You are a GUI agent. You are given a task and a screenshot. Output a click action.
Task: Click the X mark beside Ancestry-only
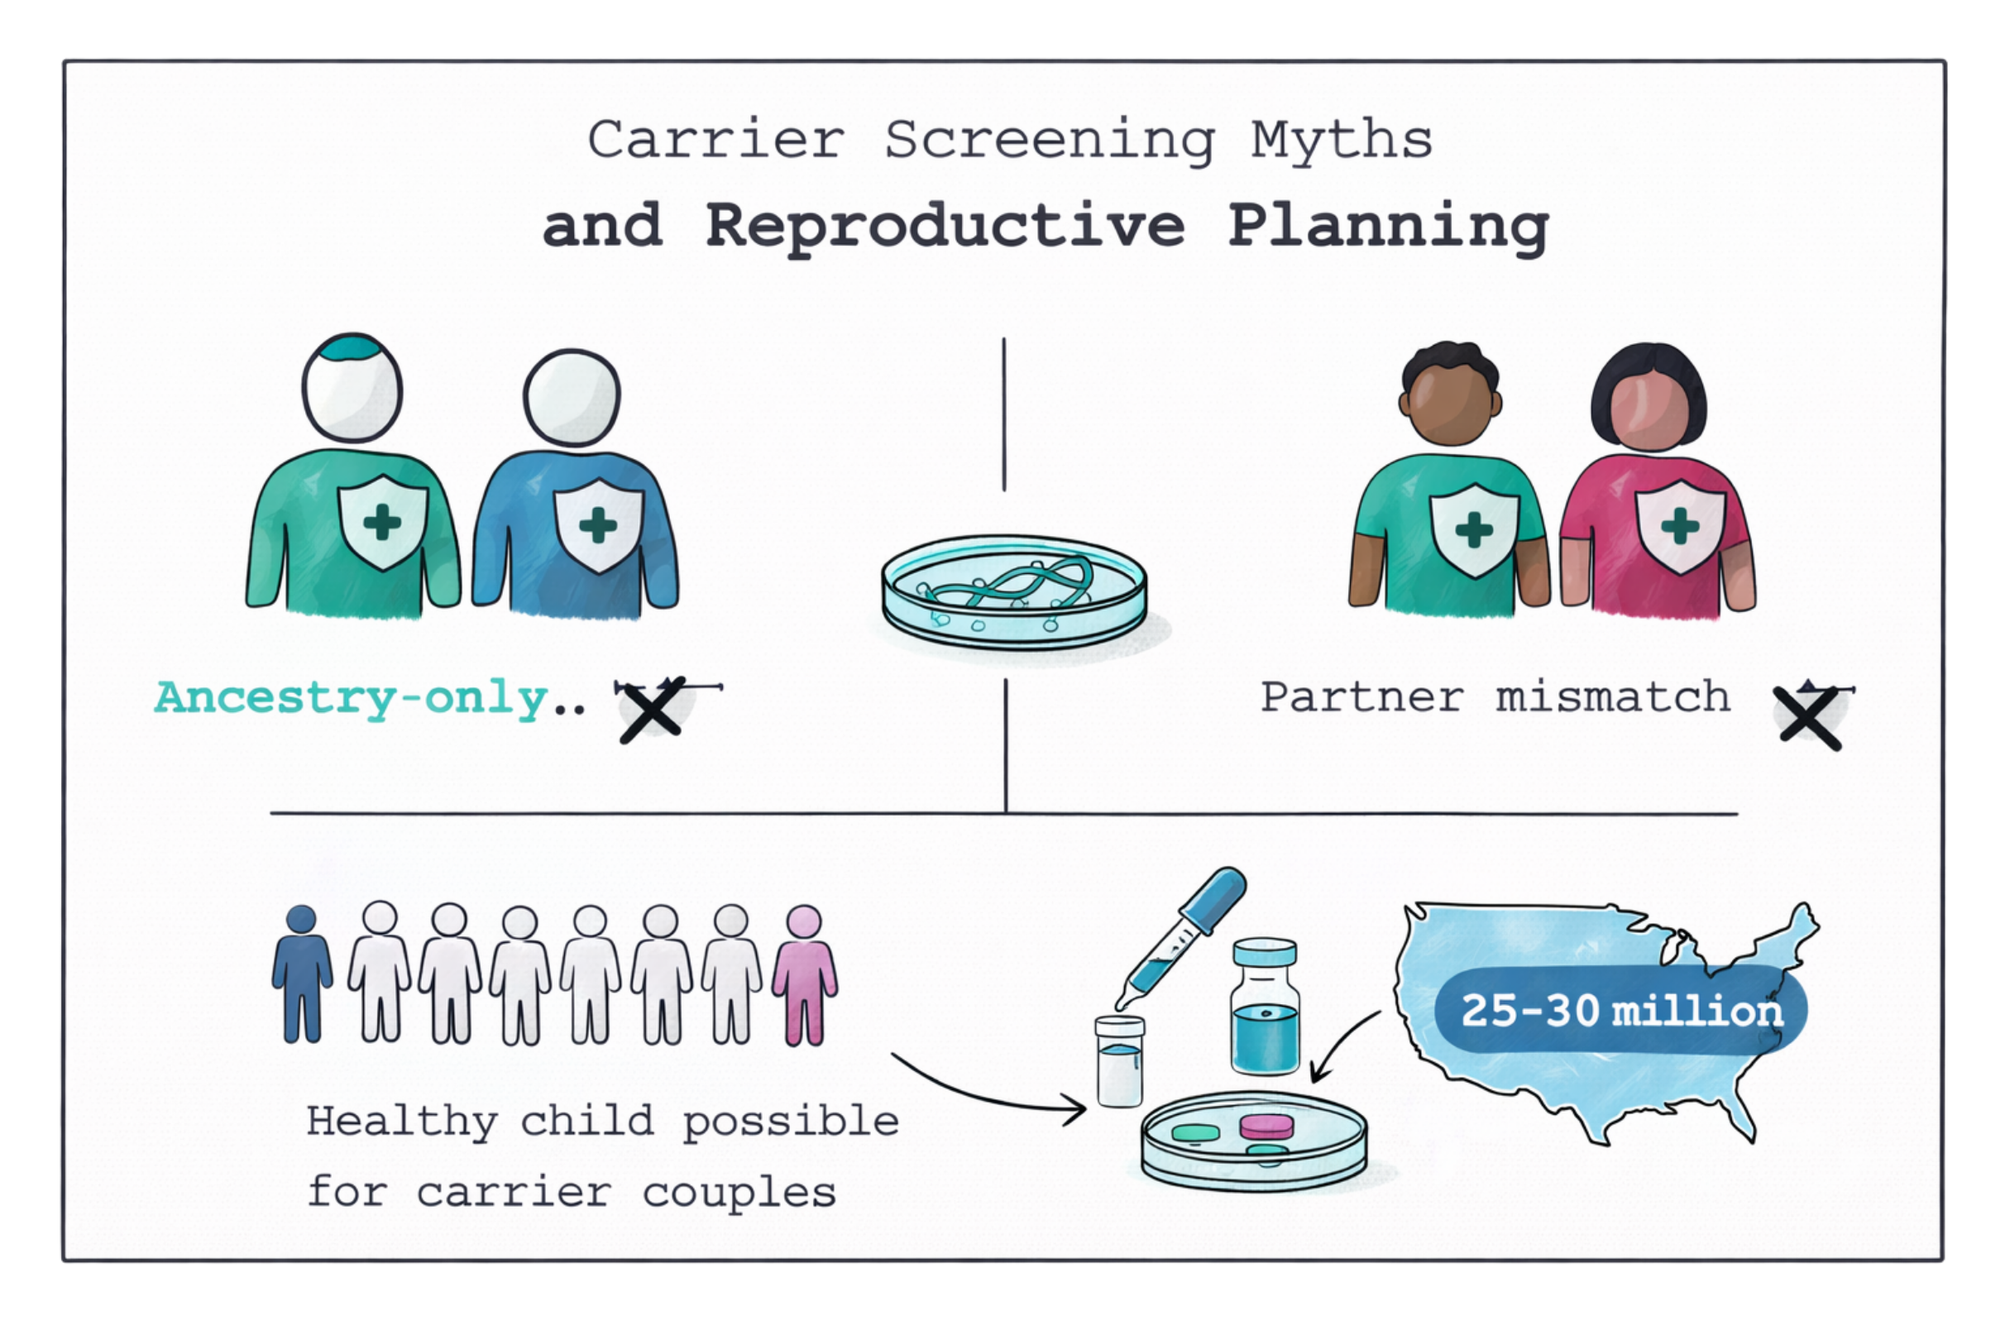click(651, 710)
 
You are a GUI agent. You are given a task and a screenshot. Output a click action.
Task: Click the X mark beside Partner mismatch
click(1808, 718)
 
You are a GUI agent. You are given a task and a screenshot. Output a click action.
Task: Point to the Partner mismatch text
click(1494, 697)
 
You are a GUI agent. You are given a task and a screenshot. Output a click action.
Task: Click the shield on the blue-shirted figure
click(598, 524)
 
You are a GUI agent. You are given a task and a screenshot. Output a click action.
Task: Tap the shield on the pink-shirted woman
click(1679, 526)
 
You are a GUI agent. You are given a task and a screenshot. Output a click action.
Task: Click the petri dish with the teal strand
click(1013, 590)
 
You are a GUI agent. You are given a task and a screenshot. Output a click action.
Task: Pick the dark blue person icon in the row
click(302, 973)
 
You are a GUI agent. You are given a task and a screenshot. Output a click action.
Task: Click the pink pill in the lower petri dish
click(1266, 1127)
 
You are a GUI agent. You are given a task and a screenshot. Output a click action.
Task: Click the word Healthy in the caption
click(402, 1122)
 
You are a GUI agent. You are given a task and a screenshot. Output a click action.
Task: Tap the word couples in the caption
click(739, 1193)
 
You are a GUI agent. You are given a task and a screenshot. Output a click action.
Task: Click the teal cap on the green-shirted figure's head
click(352, 347)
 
